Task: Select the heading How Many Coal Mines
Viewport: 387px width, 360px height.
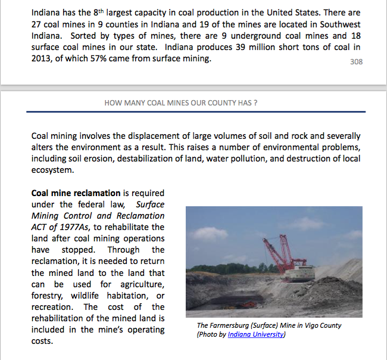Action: pyautogui.click(x=180, y=103)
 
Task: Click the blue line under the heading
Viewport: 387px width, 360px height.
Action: pyautogui.click(x=196, y=111)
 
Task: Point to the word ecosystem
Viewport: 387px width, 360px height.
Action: pyautogui.click(x=52, y=169)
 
